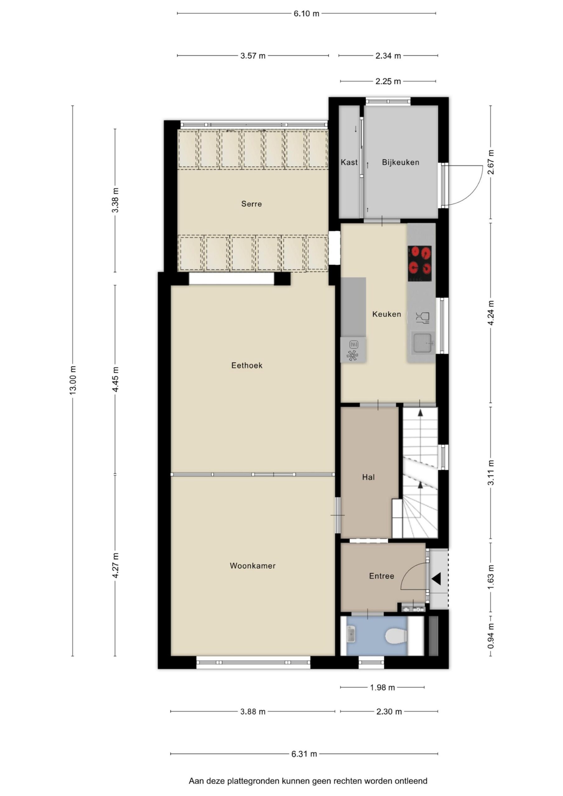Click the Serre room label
(252, 204)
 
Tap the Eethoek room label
(247, 365)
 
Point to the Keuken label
(386, 314)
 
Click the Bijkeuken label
(401, 162)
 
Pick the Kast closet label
(349, 162)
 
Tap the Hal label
(368, 477)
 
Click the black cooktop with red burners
(420, 259)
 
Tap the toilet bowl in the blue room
(396, 636)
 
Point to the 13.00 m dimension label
(72, 380)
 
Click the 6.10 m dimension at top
(306, 13)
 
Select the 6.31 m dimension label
(304, 754)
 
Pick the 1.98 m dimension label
(382, 688)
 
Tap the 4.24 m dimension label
(491, 313)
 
